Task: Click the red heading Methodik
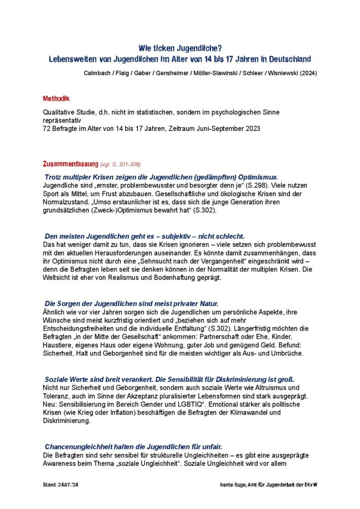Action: pyautogui.click(x=56, y=99)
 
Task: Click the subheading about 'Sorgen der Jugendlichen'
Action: pyautogui.click(x=131, y=303)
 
